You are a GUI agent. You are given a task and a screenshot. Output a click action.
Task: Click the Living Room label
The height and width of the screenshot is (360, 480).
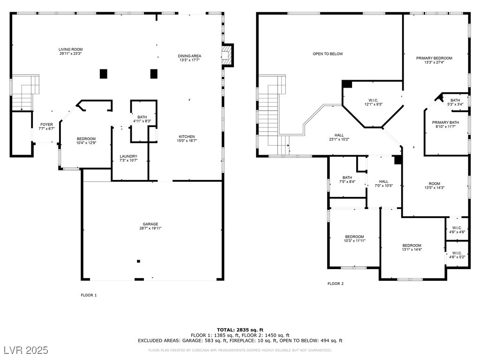click(71, 49)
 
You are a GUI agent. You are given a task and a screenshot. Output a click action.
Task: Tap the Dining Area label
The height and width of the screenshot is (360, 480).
click(189, 56)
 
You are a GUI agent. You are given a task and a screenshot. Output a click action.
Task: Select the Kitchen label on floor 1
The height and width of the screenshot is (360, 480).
click(187, 136)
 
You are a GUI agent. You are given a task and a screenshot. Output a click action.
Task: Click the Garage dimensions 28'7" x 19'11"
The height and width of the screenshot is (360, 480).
click(150, 228)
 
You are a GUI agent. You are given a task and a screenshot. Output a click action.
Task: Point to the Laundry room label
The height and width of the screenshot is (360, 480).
click(128, 156)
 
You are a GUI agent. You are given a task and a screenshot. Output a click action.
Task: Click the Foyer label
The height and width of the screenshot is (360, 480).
click(46, 125)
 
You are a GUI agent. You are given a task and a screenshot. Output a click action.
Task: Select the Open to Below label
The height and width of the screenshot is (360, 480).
click(328, 54)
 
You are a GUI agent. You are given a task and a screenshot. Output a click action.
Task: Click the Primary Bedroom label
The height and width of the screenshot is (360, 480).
click(434, 58)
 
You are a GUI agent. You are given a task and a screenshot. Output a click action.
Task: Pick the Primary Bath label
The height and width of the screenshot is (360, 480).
click(445, 122)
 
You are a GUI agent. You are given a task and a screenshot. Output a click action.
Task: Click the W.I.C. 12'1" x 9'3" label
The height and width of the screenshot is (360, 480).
click(374, 102)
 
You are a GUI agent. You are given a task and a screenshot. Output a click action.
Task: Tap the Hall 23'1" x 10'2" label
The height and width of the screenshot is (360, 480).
click(339, 137)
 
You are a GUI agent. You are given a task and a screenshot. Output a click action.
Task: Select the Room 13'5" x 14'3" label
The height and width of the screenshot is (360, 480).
click(435, 186)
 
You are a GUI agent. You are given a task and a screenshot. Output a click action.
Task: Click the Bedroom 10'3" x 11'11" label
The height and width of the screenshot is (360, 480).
click(354, 239)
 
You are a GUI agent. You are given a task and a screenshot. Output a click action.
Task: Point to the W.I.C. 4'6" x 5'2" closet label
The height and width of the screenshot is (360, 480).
click(457, 255)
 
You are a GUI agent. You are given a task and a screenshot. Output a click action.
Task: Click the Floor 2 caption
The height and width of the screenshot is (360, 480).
click(336, 284)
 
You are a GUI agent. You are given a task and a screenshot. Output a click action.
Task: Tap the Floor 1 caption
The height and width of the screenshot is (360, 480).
click(89, 295)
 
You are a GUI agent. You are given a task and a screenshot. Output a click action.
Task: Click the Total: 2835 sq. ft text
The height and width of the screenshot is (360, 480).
click(240, 330)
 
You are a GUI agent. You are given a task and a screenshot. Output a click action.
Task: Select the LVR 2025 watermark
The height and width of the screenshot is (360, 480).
click(26, 350)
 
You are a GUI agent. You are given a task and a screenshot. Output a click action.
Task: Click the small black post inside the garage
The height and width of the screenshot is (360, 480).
click(138, 261)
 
